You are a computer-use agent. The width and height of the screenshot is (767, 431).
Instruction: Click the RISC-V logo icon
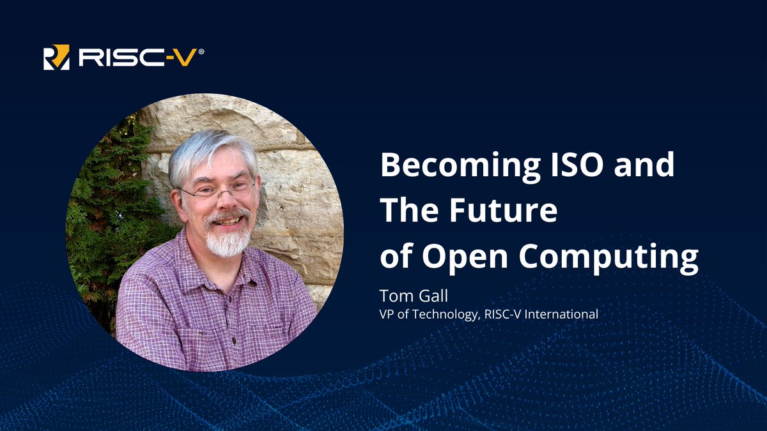click(56, 57)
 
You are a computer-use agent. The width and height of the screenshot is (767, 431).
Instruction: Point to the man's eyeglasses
click(217, 190)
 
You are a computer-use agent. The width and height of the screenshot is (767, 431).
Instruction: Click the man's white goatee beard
click(229, 241)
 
